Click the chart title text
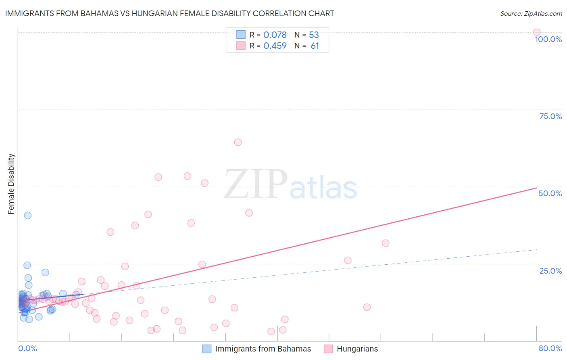click(169, 13)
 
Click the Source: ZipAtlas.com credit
click(531, 14)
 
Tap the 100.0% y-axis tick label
click(548, 39)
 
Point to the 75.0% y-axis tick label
click(550, 116)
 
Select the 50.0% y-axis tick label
click(550, 193)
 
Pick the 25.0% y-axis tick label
click(550, 271)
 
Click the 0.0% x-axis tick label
click(27, 348)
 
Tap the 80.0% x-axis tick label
click(550, 348)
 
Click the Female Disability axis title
click(11, 184)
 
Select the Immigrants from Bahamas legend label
click(263, 349)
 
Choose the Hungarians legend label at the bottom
click(357, 349)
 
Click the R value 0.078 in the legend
click(275, 35)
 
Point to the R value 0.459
click(275, 46)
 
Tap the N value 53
click(314, 35)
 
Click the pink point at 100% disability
click(537, 32)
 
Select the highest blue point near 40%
click(27, 215)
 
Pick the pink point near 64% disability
click(238, 142)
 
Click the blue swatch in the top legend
click(241, 35)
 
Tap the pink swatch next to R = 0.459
click(241, 46)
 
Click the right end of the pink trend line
click(536, 188)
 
